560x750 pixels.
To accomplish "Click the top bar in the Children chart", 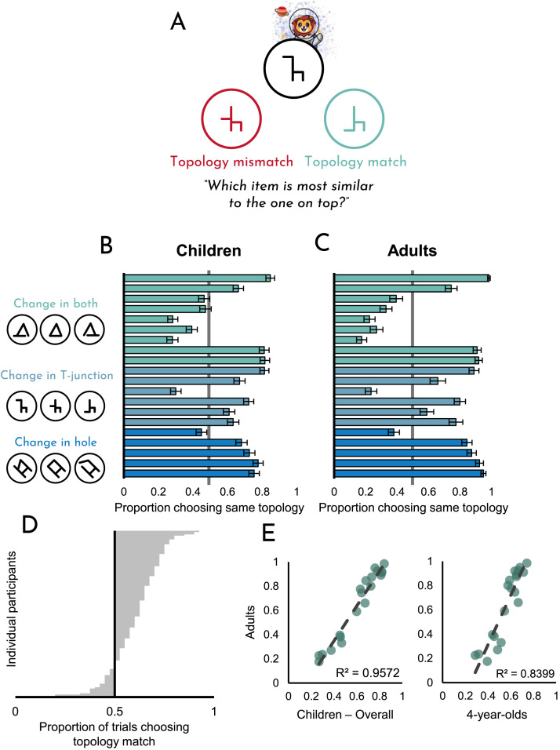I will (x=197, y=278).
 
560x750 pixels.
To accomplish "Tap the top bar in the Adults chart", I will (x=411, y=278).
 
